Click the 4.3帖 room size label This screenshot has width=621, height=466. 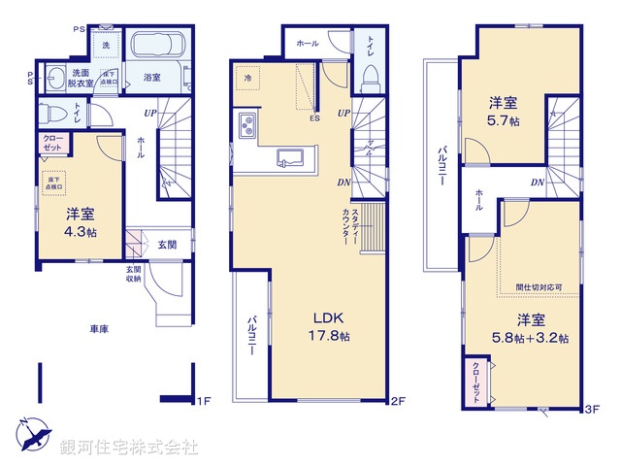coord(80,232)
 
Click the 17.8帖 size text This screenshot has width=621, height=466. coord(329,337)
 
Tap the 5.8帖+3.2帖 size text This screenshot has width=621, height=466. coord(530,338)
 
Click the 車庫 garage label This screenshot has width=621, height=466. coord(95,329)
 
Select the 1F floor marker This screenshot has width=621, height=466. coord(204,400)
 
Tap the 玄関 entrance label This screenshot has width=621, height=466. coord(167,245)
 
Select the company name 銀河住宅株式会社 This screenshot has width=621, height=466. coord(129,448)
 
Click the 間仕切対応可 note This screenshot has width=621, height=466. coord(538,288)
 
